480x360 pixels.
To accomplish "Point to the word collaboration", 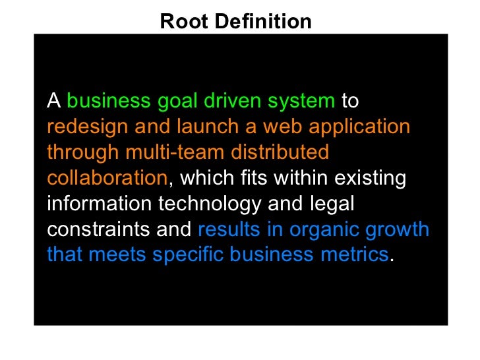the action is pyautogui.click(x=107, y=177).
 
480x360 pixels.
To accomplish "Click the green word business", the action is pyautogui.click(x=109, y=102).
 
